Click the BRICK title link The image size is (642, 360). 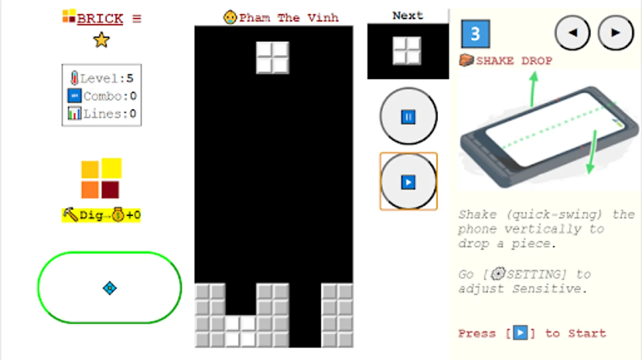(x=100, y=19)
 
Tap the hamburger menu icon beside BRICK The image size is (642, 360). (x=137, y=19)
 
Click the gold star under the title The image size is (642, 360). (x=102, y=40)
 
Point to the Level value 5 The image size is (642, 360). (x=130, y=78)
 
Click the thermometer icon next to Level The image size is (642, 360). (x=74, y=78)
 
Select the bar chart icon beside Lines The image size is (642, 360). (x=74, y=113)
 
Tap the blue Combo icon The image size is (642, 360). (x=74, y=96)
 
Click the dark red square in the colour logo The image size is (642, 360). (x=110, y=190)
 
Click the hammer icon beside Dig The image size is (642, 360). (x=70, y=214)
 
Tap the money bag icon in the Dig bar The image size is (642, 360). (x=118, y=214)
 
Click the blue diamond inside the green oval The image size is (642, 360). (x=110, y=288)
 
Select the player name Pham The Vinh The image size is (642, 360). (x=289, y=18)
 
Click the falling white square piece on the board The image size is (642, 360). (x=273, y=58)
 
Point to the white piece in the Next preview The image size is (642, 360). (x=407, y=51)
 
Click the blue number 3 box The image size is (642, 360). (x=475, y=34)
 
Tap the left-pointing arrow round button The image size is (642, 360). (x=572, y=33)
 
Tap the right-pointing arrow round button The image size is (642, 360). (x=616, y=33)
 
